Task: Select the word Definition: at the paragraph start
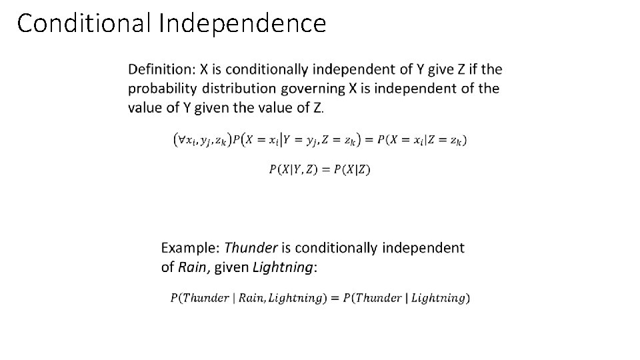point(159,69)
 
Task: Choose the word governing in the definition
point(313,89)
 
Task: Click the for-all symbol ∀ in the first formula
point(180,139)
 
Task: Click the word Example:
point(190,248)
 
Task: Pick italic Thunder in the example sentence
point(251,248)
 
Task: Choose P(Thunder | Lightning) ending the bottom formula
point(404,298)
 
